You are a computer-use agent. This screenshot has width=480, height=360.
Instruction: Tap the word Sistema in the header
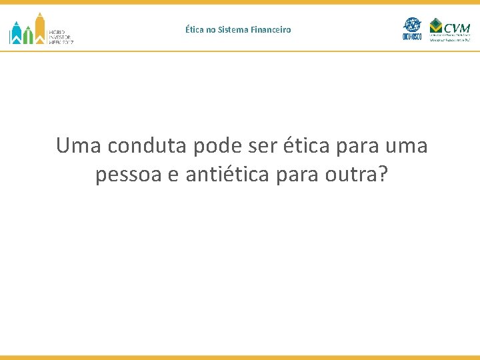[x=237, y=29]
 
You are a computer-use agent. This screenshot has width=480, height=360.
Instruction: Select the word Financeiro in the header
[x=273, y=29]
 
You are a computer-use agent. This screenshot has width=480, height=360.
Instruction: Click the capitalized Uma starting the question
[x=77, y=145]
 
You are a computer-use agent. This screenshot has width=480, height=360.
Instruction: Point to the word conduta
[x=144, y=145]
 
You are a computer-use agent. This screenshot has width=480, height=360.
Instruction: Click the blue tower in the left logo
[x=15, y=33]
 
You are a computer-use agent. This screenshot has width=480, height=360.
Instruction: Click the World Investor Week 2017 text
[x=61, y=36]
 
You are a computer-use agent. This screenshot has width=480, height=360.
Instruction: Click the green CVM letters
[x=457, y=27]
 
